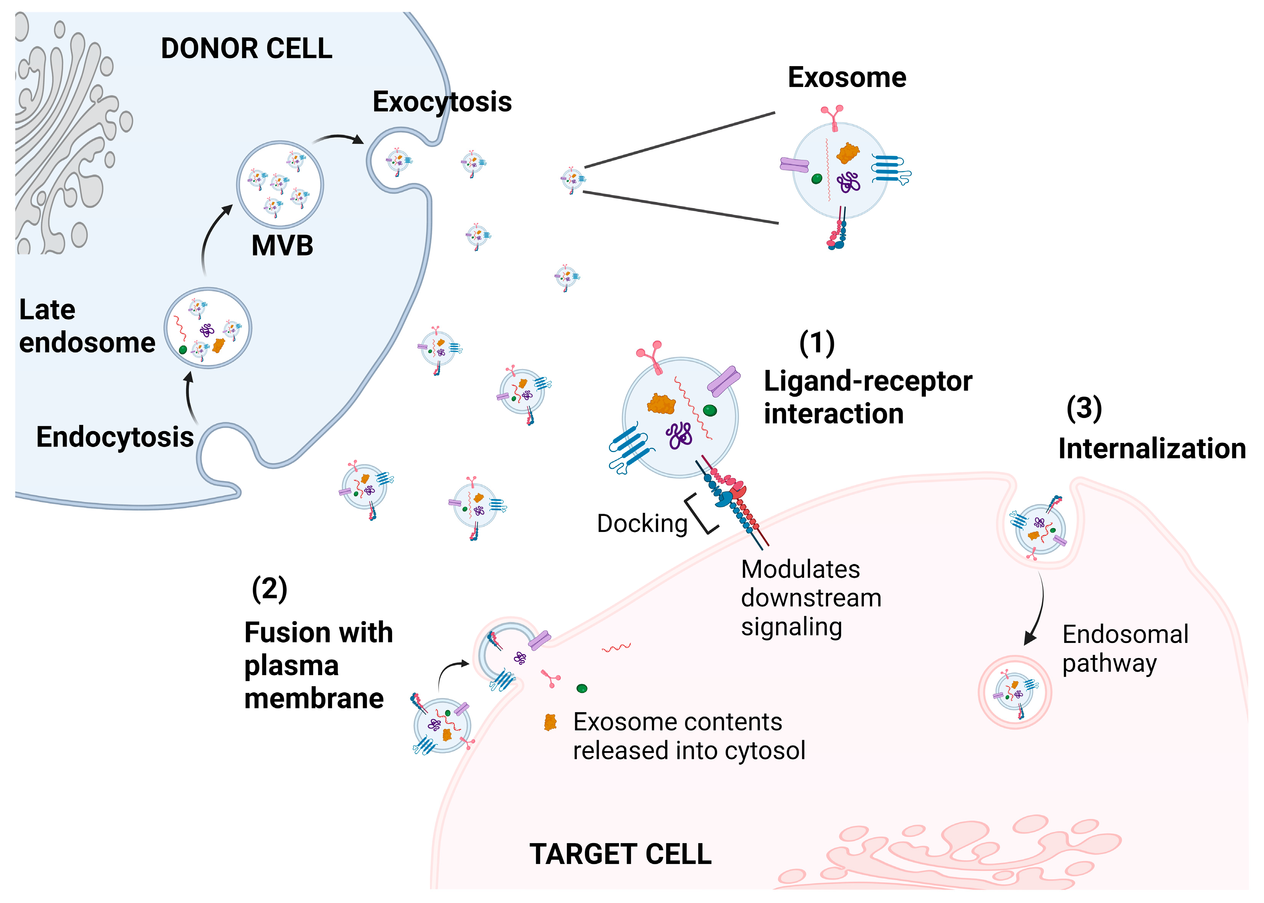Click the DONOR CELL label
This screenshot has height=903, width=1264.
click(x=246, y=48)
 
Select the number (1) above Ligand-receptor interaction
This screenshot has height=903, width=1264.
click(x=817, y=343)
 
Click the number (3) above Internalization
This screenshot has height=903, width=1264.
click(x=1083, y=409)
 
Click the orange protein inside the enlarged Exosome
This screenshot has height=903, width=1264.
click(x=847, y=153)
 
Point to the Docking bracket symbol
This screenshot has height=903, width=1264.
click(x=701, y=513)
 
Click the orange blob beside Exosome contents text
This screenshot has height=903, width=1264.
click(x=550, y=722)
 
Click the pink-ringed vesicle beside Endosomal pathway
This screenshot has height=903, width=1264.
click(x=1014, y=692)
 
